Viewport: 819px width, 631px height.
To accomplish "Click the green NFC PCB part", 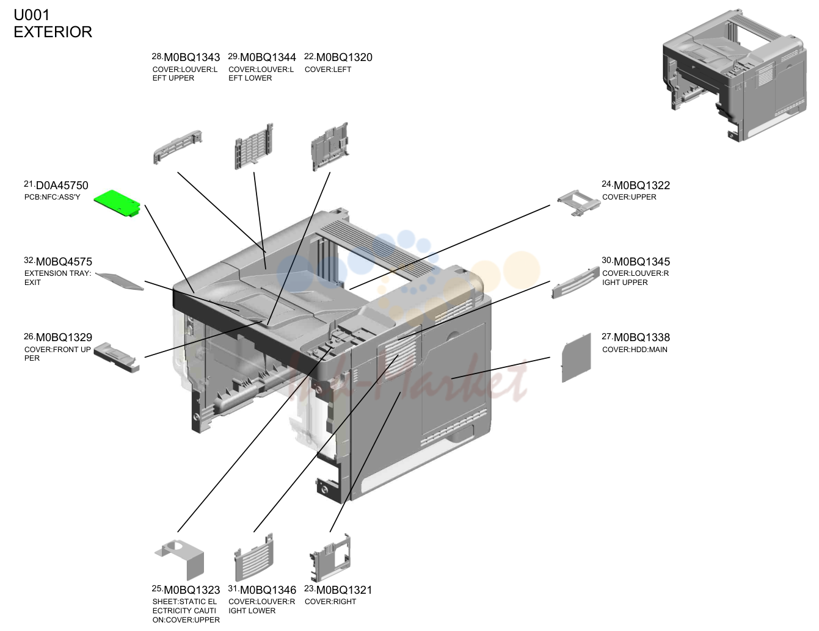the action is pyautogui.click(x=117, y=203).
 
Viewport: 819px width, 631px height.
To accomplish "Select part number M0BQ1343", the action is pyautogui.click(x=192, y=57).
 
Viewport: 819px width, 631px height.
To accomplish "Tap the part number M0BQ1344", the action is pyautogui.click(x=268, y=57).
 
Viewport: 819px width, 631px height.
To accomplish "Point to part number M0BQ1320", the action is pyautogui.click(x=344, y=57).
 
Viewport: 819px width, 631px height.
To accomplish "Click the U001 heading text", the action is pyautogui.click(x=32, y=15).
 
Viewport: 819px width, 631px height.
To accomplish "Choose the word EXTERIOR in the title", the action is pyautogui.click(x=53, y=32).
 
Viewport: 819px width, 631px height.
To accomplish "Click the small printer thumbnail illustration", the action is pyautogui.click(x=734, y=75).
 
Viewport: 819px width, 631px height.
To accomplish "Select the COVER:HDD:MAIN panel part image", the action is pyautogui.click(x=577, y=358).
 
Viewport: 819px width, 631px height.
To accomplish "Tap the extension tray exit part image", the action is pyautogui.click(x=120, y=281).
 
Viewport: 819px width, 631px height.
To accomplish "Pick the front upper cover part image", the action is pyautogui.click(x=117, y=357).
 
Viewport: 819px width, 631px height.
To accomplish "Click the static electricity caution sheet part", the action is pyautogui.click(x=180, y=560).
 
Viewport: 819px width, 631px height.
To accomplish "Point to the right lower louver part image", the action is pyautogui.click(x=253, y=558).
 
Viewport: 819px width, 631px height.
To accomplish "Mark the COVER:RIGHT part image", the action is pyautogui.click(x=330, y=558).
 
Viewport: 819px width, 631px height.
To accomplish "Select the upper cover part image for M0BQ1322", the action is pyautogui.click(x=578, y=203).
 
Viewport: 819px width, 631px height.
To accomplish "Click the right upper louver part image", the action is pyautogui.click(x=575, y=283).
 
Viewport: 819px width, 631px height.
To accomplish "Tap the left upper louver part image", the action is pyautogui.click(x=178, y=147).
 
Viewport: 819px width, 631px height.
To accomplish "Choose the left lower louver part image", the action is pyautogui.click(x=253, y=146).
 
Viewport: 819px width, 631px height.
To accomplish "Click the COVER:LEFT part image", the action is pyautogui.click(x=330, y=146).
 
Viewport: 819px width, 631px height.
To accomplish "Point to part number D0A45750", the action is pyautogui.click(x=62, y=186).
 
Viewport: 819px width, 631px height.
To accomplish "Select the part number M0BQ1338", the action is pyautogui.click(x=642, y=337).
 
